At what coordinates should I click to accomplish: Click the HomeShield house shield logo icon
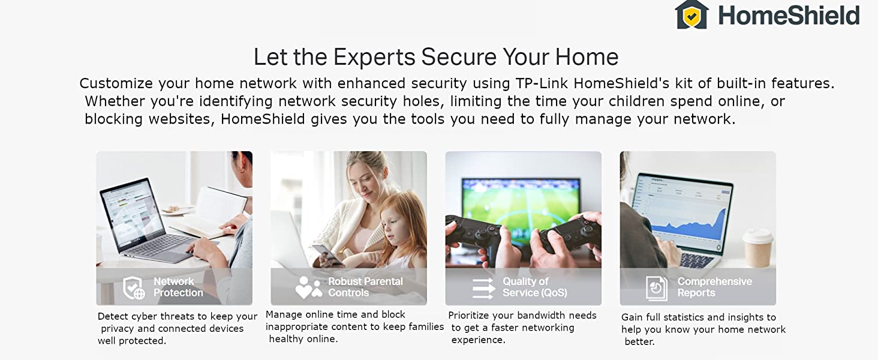coord(691,14)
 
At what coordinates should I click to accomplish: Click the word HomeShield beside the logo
coord(789,16)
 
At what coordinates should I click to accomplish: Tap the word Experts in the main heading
coord(374,57)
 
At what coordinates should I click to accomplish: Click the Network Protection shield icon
coord(134,287)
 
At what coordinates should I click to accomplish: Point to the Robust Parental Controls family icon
coord(308,287)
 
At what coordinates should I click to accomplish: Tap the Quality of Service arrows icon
coord(483,288)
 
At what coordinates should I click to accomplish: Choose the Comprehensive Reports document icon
coord(657,288)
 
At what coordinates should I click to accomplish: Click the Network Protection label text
coord(178,287)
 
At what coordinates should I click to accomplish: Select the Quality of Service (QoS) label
coord(534,287)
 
